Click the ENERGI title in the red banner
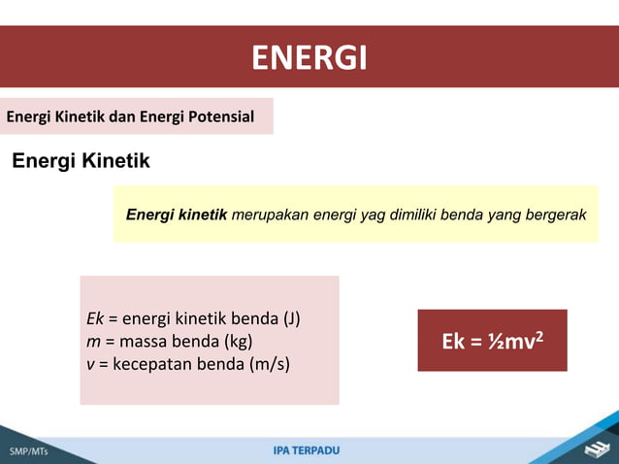point(309,58)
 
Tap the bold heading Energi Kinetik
point(81,161)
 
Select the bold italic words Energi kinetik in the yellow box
point(177,214)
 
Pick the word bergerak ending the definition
point(557,214)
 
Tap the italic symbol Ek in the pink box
point(95,319)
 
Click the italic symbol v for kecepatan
point(90,364)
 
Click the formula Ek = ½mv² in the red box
point(492,342)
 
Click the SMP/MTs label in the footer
point(29,452)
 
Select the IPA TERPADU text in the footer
point(307,450)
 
